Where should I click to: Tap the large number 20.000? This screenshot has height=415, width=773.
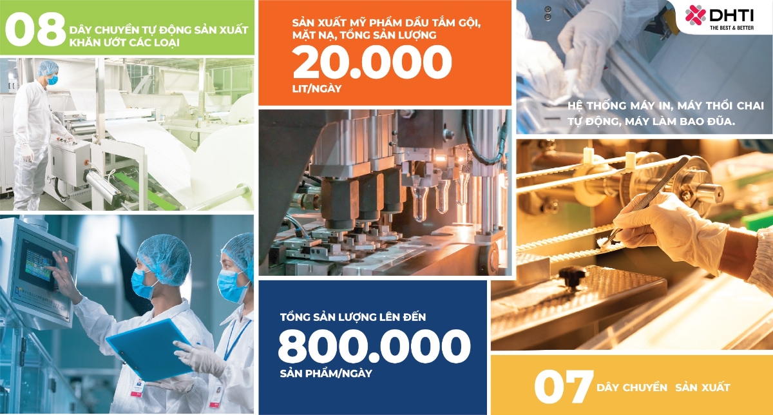click(x=372, y=64)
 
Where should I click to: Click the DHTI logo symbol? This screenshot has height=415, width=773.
click(x=695, y=14)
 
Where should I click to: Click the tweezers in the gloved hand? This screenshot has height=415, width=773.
click(x=645, y=200)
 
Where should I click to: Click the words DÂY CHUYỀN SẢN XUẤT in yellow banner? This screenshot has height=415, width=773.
click(x=663, y=387)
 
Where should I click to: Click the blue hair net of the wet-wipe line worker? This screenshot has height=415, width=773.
click(x=48, y=68)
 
